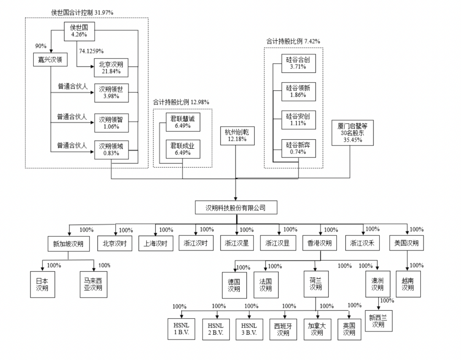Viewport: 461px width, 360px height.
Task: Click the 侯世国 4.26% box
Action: pos(79,31)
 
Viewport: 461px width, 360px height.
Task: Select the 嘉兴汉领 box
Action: pos(50,60)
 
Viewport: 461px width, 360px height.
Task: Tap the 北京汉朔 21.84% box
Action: pos(111,68)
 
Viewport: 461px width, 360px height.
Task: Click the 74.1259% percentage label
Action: pos(91,51)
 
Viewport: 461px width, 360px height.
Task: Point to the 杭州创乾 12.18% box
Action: pos(237,135)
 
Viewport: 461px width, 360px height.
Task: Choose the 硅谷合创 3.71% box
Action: pos(298,63)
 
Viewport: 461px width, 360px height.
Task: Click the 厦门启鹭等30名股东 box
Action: pos(352,133)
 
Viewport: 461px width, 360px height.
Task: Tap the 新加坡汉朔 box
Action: pos(68,244)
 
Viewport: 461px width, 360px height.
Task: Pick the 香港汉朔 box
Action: pos(320,243)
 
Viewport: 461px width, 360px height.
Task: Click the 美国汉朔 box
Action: pos(406,243)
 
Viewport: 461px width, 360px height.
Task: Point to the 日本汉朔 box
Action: pos(43,284)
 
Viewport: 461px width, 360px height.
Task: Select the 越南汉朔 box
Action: pos(408,284)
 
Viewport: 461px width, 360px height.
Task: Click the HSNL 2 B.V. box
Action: pos(216,329)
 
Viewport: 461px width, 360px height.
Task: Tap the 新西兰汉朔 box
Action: pos(378,320)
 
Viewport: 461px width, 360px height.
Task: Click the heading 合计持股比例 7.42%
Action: pos(293,41)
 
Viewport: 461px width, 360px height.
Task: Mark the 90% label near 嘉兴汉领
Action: pos(41,46)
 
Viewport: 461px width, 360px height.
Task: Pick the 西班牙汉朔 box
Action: pos(283,329)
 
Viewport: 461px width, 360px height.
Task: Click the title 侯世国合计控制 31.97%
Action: pos(82,12)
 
